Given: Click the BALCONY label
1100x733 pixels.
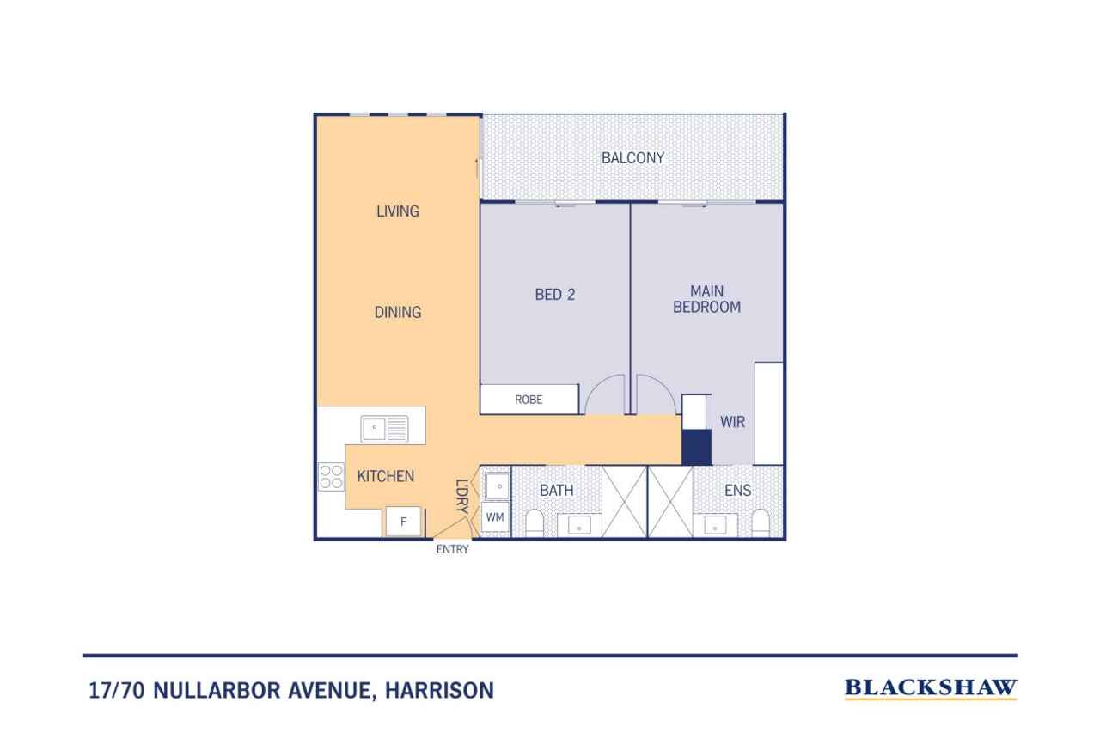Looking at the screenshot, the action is click(x=632, y=157).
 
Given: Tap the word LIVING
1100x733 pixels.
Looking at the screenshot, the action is click(x=398, y=211).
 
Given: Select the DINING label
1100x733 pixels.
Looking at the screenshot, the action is click(x=398, y=312).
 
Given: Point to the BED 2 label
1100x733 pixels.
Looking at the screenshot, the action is click(x=555, y=295).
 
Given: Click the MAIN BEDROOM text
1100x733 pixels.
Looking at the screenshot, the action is click(x=706, y=299).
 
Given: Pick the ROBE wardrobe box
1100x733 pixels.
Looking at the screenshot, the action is click(x=529, y=399).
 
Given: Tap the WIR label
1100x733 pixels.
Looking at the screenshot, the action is click(x=733, y=422).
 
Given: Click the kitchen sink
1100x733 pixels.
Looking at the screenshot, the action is click(x=384, y=429).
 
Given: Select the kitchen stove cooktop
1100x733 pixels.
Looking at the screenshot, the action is click(x=331, y=477).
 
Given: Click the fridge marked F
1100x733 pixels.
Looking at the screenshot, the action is click(x=403, y=522).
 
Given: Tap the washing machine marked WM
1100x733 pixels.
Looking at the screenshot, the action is click(x=495, y=517).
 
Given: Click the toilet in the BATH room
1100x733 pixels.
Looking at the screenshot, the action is click(x=535, y=523).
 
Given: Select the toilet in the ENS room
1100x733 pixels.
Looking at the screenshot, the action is click(x=761, y=523).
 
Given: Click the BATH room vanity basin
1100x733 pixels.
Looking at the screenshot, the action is click(x=579, y=525).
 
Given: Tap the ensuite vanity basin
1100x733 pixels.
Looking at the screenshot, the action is click(x=715, y=525).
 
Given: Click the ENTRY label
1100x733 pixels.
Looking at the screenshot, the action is click(x=452, y=549).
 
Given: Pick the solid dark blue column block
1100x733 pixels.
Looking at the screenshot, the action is click(x=696, y=447).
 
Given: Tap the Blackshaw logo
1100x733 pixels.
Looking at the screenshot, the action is click(x=931, y=688).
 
